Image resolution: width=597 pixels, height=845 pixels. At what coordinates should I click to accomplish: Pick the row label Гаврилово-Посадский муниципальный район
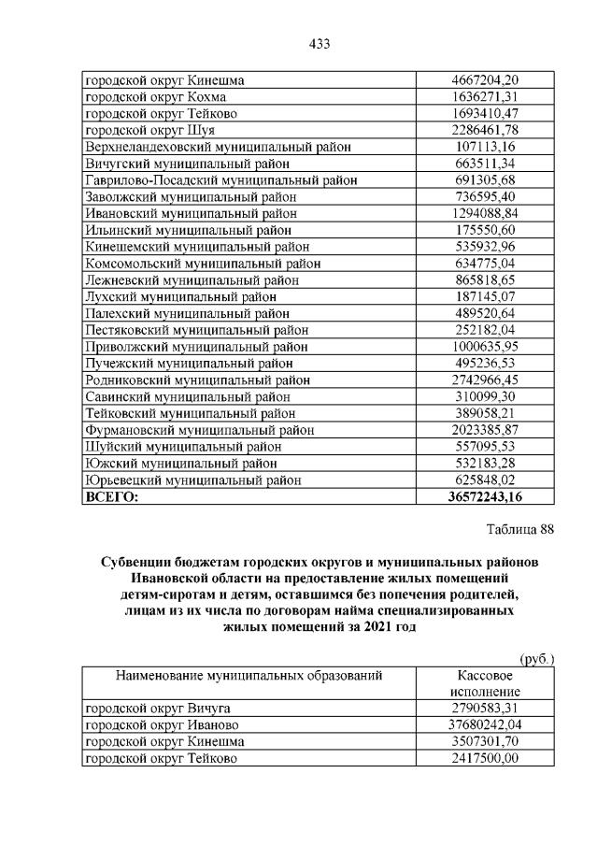(207, 179)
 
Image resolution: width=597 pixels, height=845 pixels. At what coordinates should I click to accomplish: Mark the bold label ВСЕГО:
(111, 497)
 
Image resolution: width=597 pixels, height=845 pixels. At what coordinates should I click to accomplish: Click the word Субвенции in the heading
(137, 563)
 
